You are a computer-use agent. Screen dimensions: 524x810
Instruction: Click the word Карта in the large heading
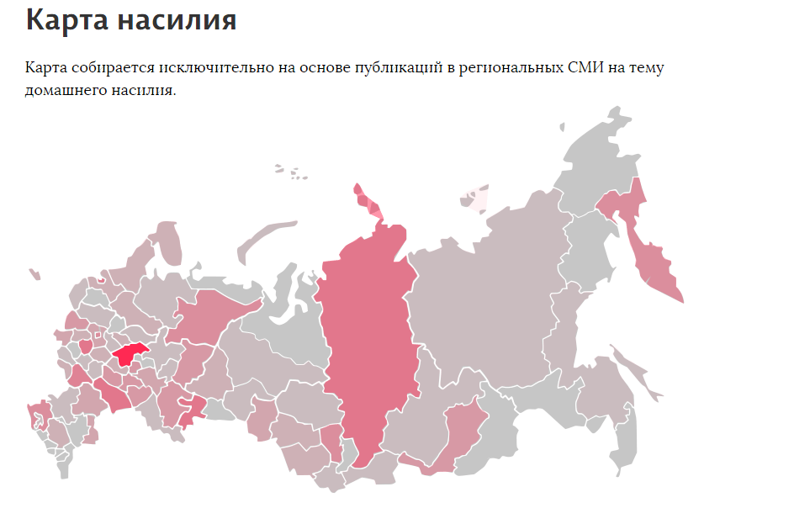[x=66, y=20]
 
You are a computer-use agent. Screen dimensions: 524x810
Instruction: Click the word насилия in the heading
[x=177, y=20]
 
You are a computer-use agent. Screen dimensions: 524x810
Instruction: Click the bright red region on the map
[x=129, y=354]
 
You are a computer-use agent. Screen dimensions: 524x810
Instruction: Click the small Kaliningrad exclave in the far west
[x=34, y=274]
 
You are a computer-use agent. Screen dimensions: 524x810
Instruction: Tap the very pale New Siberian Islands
[x=471, y=198]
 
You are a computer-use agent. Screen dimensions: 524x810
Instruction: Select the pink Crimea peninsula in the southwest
[x=38, y=413]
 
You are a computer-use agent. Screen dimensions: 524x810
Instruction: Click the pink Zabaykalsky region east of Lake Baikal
[x=462, y=429]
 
